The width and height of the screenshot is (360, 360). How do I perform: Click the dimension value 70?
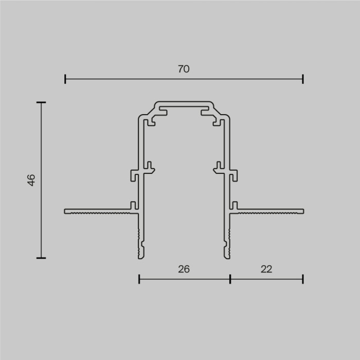[x=184, y=69]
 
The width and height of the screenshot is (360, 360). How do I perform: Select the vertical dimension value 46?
[x=31, y=180]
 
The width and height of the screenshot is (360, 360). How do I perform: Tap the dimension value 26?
[x=184, y=268]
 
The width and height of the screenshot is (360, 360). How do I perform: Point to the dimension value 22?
[x=266, y=268]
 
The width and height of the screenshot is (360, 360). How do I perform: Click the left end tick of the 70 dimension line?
[x=65, y=79]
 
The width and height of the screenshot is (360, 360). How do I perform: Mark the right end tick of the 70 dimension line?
[x=303, y=79]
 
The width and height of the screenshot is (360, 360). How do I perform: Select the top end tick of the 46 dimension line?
[x=41, y=102]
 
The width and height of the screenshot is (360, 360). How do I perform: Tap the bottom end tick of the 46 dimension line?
[x=41, y=258]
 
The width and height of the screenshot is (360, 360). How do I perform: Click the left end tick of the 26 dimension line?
[x=139, y=279]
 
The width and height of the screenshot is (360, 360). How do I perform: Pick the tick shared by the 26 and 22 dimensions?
[x=230, y=279]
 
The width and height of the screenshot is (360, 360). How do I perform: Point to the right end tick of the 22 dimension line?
[x=303, y=279]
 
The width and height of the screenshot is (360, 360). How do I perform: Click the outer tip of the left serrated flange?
[x=66, y=211]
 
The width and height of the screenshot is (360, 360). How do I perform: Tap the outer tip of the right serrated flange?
[x=302, y=211]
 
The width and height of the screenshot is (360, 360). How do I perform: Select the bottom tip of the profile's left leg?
[x=141, y=256]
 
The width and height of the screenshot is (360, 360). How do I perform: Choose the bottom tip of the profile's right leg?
[x=227, y=256]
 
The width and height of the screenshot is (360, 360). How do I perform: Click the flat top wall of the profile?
[x=184, y=103]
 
